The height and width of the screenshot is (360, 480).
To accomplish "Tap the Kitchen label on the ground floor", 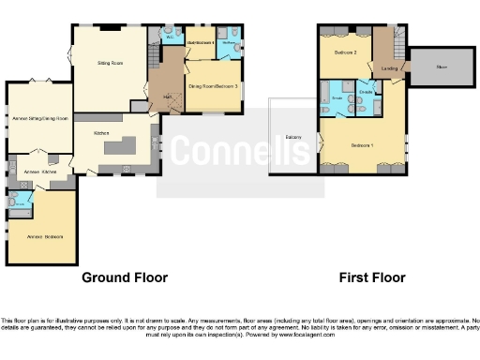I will [101, 134].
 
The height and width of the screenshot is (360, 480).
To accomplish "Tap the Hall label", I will [167, 97].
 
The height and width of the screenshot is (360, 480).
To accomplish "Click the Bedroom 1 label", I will [362, 145].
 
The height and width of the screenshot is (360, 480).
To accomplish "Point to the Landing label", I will [387, 68].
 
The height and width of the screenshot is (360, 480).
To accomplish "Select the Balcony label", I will [293, 138].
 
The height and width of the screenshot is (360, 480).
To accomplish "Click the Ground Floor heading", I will [125, 277].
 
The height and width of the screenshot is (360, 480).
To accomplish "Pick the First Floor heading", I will [372, 277].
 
